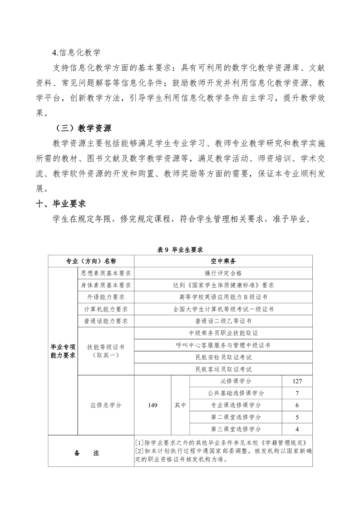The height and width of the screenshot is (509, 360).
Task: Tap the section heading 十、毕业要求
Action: [x=61, y=203]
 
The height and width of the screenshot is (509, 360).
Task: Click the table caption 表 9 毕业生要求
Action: [x=180, y=250]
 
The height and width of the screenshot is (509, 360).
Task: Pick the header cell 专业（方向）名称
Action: [x=91, y=261]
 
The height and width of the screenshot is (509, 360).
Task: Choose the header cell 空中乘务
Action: [x=223, y=261]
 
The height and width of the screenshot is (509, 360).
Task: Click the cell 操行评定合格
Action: [x=223, y=273]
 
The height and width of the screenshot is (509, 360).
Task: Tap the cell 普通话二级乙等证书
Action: [x=223, y=321]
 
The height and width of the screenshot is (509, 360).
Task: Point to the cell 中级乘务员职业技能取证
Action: [x=223, y=333]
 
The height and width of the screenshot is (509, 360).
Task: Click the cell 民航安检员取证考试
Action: [x=223, y=357]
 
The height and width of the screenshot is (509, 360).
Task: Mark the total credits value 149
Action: [x=153, y=405]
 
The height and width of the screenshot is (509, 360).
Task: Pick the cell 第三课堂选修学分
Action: [x=236, y=429]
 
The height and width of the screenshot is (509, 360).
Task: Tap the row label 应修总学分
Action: [x=106, y=405]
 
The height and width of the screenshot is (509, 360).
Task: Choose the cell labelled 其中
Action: [x=180, y=405]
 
